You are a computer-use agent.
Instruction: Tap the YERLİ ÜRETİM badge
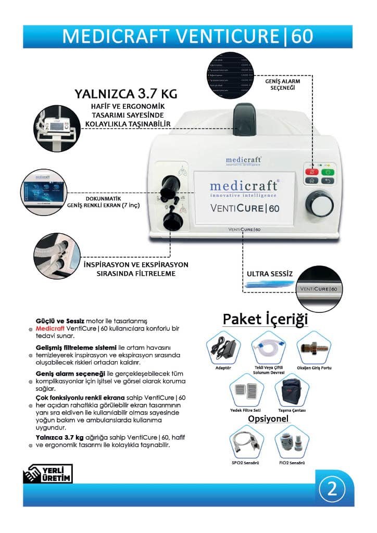point(47,474)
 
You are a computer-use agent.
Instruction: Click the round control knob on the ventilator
point(319,204)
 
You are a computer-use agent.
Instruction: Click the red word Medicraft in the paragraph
point(50,329)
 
